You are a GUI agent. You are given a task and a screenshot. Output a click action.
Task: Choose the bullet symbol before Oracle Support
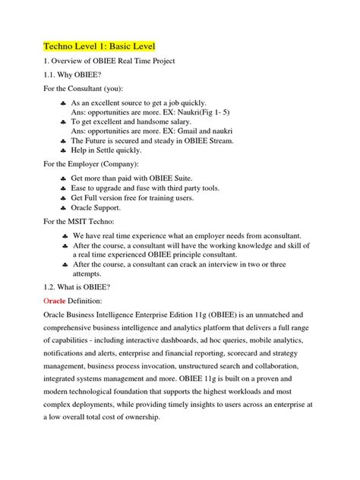pos(62,207)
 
